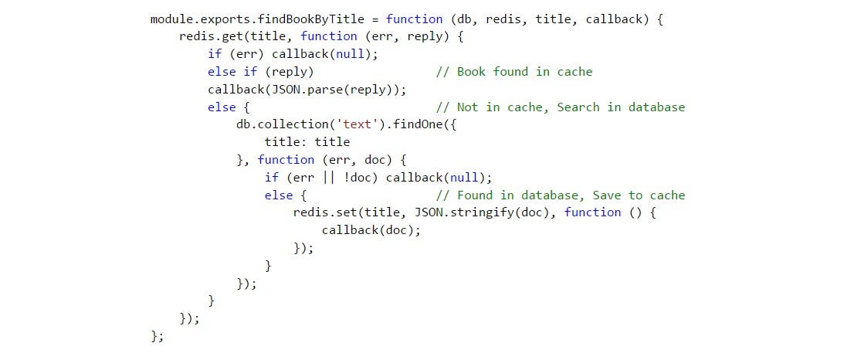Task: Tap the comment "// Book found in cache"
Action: [x=514, y=72]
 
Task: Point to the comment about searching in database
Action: [x=560, y=107]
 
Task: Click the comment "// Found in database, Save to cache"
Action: [x=560, y=195]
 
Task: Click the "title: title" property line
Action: [x=307, y=142]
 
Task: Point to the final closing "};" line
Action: [x=158, y=336]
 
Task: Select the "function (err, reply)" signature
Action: [x=371, y=36]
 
